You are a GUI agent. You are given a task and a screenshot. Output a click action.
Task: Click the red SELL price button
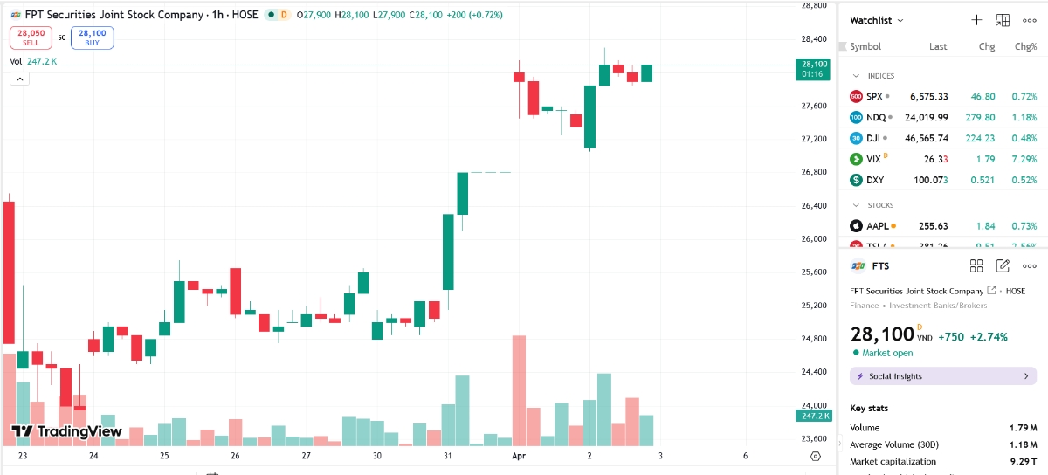[31, 37]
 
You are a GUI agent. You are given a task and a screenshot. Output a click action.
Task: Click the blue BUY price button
[92, 37]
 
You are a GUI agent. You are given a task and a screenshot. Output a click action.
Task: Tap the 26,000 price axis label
[813, 238]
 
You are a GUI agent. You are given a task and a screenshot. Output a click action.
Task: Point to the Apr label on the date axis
[517, 456]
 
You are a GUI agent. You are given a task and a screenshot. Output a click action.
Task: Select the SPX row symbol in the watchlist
[874, 96]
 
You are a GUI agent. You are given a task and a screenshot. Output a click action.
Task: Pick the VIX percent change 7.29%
[1024, 159]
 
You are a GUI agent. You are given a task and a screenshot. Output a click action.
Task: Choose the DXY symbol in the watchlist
[875, 180]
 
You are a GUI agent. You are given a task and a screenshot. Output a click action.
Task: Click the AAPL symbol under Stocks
[878, 226]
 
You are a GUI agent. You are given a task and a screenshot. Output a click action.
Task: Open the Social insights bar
[942, 376]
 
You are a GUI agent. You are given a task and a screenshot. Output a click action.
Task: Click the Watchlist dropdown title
[876, 20]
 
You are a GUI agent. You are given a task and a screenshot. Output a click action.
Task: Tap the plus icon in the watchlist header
[976, 20]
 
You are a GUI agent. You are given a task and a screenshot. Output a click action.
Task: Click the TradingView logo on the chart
[66, 430]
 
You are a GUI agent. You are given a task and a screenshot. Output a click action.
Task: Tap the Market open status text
[887, 353]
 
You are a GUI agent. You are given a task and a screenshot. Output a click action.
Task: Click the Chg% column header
[1025, 46]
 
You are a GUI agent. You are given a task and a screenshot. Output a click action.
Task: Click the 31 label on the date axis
[447, 456]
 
